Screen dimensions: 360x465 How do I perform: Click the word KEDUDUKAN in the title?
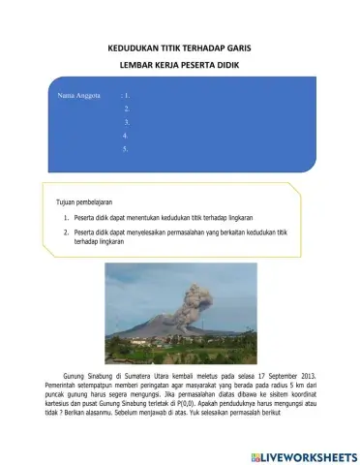(x=135, y=46)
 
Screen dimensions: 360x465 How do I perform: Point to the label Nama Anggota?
(x=80, y=96)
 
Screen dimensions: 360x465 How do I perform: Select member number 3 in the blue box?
(x=127, y=123)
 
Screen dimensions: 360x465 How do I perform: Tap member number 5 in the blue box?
(x=127, y=150)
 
